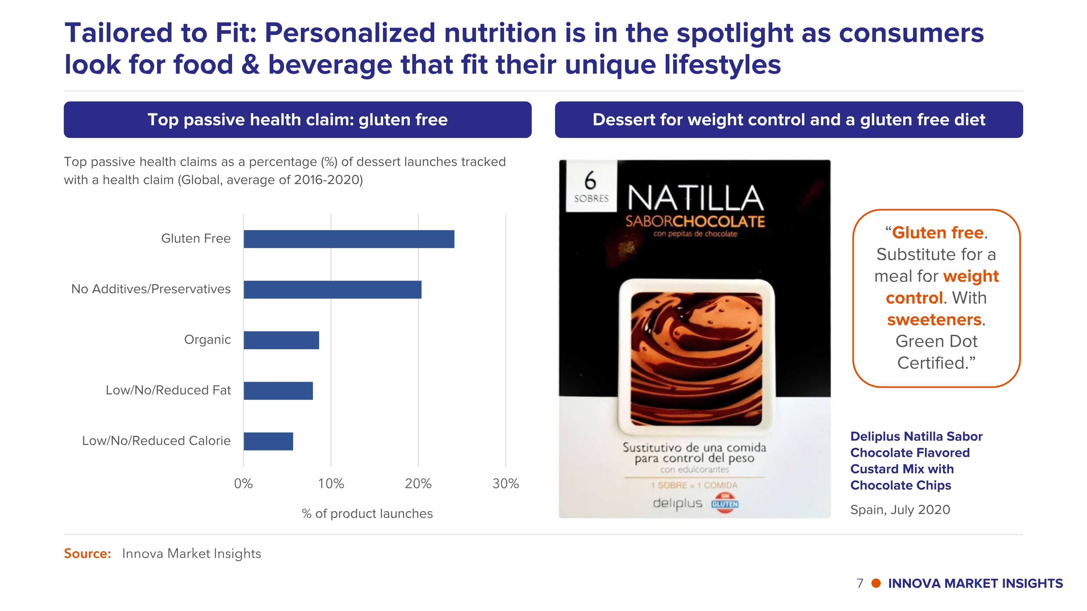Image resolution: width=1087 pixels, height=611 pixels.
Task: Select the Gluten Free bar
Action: [349, 239]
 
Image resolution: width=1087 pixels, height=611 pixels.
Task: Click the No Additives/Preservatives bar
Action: [332, 290]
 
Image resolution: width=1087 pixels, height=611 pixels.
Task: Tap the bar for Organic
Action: [281, 340]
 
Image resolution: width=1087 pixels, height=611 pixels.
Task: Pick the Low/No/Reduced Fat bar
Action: [278, 391]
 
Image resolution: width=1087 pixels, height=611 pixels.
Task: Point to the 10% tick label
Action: [331, 484]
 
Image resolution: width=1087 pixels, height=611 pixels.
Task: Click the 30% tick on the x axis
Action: [505, 484]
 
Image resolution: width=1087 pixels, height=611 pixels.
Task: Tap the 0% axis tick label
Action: [243, 484]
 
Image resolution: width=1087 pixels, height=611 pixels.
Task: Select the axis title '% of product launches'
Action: [367, 514]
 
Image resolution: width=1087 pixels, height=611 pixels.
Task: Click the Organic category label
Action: [207, 339]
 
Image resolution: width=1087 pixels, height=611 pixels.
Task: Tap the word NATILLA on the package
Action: [695, 198]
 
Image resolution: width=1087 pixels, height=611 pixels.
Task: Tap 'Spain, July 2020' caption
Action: [900, 510]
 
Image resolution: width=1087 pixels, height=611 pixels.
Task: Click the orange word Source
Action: [87, 554]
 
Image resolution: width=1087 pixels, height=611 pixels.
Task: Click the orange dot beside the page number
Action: [876, 583]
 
